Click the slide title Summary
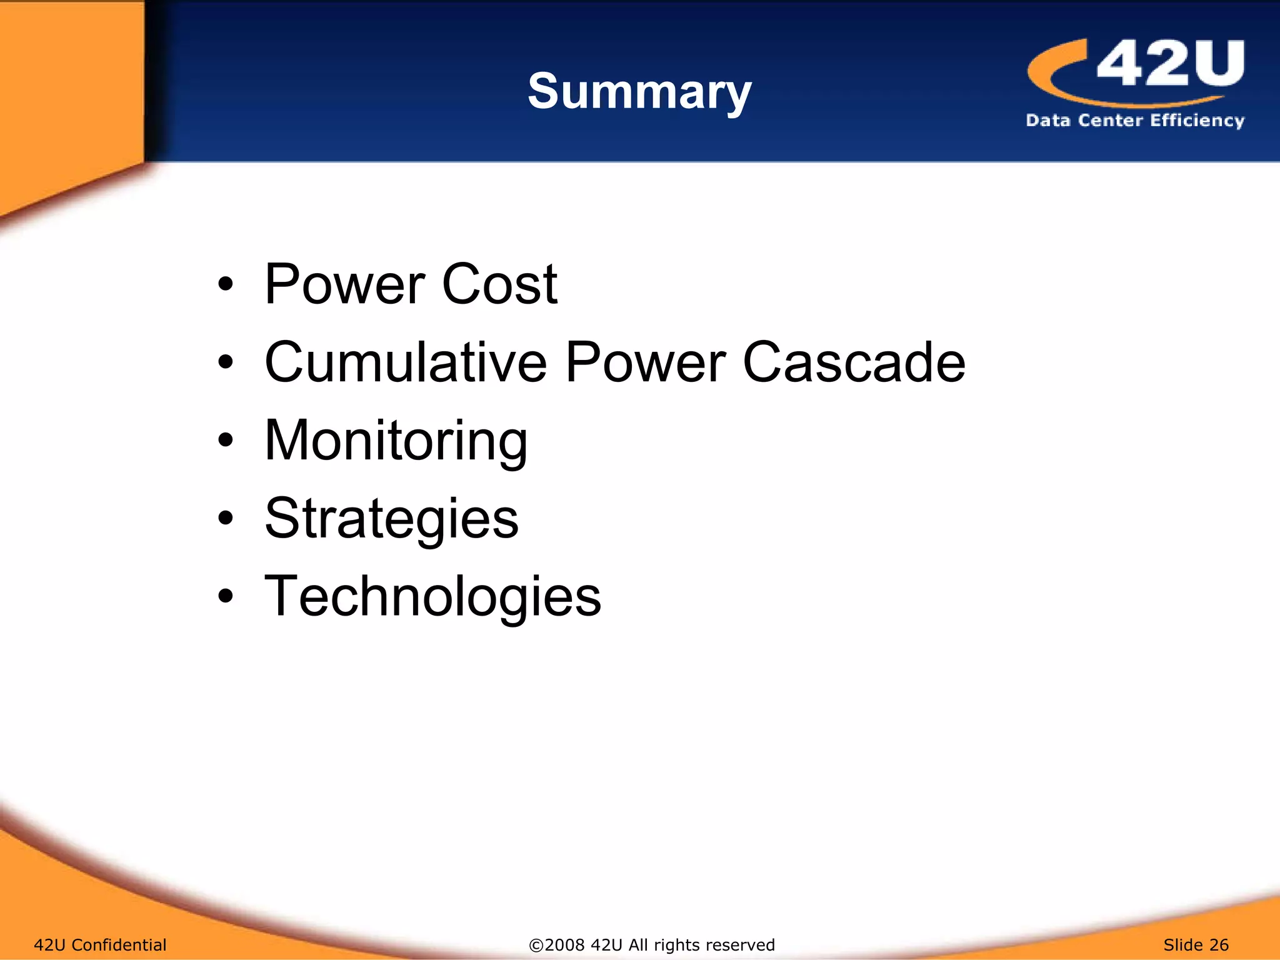[639, 92]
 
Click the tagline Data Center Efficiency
[1134, 120]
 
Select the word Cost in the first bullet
[499, 284]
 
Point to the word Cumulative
[406, 362]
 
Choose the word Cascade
[854, 362]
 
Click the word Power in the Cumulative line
[645, 362]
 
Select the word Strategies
[391, 519]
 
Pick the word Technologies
[432, 597]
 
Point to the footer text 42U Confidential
[100, 944]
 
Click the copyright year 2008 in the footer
[565, 944]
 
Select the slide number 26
[1218, 944]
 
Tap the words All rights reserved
[701, 944]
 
